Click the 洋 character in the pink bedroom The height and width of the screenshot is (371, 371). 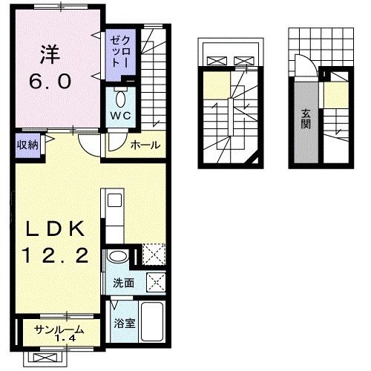click(50, 55)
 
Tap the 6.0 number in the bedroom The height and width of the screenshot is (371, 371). click(50, 82)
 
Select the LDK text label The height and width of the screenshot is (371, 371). click(56, 228)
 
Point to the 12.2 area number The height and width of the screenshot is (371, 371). click(56, 255)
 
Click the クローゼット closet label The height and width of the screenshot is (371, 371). click(120, 52)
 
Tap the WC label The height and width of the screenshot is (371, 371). click(120, 115)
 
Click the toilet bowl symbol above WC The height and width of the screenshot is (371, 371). click(120, 99)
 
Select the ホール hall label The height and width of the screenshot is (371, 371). click(145, 145)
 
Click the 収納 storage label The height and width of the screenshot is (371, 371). click(28, 145)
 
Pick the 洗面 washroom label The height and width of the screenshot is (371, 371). click(124, 283)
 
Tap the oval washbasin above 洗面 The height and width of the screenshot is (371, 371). click(118, 257)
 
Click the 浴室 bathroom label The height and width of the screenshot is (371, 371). click(125, 324)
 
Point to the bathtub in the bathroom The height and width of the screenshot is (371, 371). click(152, 321)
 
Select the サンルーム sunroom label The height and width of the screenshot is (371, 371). click(59, 329)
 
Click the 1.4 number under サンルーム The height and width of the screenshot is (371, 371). click(65, 338)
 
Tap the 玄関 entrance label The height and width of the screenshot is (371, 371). click(306, 120)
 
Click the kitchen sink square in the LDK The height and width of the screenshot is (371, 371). click(115, 200)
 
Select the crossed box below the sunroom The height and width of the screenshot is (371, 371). click(45, 358)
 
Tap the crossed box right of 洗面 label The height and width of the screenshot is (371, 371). click(156, 283)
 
